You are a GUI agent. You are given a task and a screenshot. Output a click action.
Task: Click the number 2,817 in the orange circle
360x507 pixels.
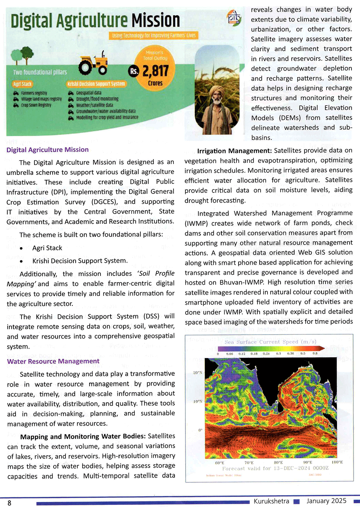[156, 71]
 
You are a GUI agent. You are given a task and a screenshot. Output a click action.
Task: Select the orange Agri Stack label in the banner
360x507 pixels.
[22, 84]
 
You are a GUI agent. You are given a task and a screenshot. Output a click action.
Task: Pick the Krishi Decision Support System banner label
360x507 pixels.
[96, 84]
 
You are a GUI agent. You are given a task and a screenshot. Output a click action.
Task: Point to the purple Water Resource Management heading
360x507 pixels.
[53, 361]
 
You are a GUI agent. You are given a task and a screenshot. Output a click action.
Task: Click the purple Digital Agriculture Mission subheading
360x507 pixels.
[48, 150]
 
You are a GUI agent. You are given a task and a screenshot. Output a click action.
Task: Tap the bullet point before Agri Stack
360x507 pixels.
[22, 248]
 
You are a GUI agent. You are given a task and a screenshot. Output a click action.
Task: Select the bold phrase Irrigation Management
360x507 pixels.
[234, 151]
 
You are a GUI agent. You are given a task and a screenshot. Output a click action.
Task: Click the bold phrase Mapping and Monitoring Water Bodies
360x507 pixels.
[83, 436]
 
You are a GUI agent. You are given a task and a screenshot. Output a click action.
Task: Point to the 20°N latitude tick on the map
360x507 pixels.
[198, 372]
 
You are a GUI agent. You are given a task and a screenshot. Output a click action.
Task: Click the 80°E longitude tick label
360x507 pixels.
[278, 462]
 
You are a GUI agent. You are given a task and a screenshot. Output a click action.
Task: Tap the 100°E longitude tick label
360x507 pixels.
[337, 462]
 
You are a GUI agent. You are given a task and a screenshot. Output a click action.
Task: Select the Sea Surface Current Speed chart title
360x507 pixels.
[270, 342]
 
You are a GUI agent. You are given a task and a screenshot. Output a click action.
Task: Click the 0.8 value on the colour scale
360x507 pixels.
[315, 354]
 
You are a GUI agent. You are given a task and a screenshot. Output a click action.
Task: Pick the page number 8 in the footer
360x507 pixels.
[9, 503]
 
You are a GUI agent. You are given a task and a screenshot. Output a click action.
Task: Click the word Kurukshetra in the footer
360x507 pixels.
[271, 501]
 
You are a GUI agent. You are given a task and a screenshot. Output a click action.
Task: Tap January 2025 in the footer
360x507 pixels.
[326, 501]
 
